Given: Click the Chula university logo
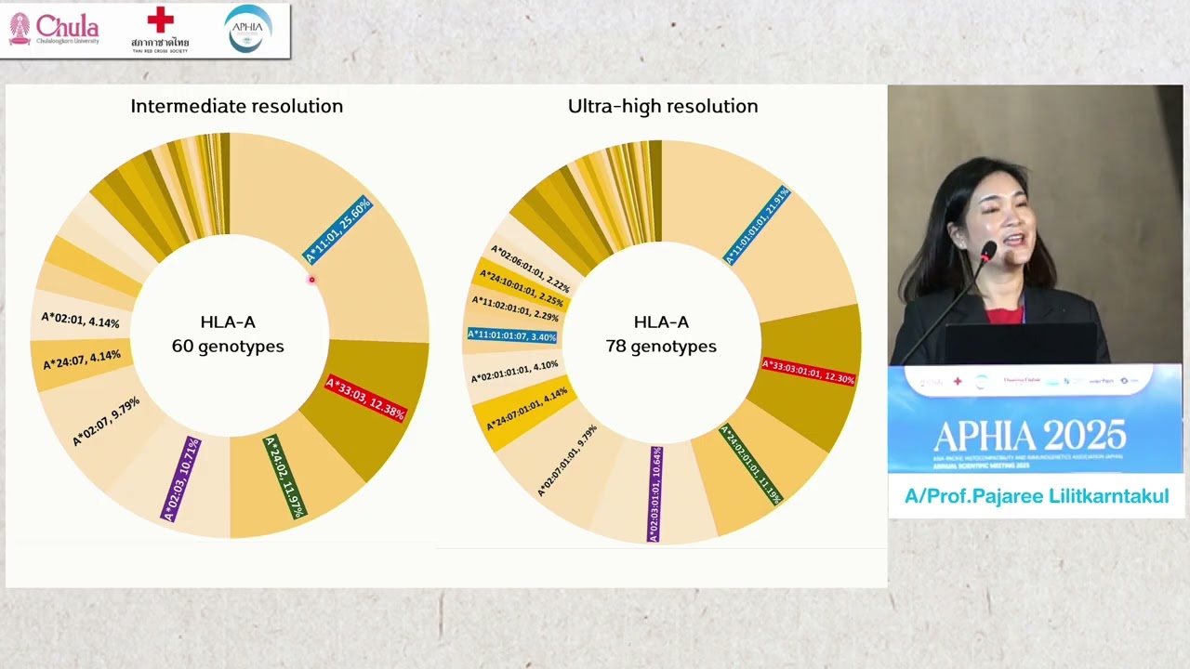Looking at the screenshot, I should click(x=54, y=29).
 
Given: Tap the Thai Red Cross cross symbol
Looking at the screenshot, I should click(x=160, y=20).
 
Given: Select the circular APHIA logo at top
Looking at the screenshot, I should click(x=247, y=28).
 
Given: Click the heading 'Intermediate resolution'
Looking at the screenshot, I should click(x=236, y=106).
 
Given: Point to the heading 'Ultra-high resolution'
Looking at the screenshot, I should click(x=662, y=106).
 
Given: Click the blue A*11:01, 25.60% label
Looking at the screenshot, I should click(x=337, y=230).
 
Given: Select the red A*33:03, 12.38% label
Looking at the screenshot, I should click(x=364, y=399).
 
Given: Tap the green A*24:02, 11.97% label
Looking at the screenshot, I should click(x=284, y=476).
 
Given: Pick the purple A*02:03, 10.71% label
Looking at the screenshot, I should click(x=181, y=479).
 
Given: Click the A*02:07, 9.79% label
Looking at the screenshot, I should click(x=106, y=421).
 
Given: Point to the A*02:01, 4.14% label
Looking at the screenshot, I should click(x=80, y=321).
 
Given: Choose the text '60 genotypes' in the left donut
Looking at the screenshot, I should click(x=228, y=346).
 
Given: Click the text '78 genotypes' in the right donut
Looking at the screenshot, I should click(x=661, y=346).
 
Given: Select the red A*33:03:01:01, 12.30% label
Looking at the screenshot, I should click(x=807, y=372).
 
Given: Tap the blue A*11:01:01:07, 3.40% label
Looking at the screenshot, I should click(x=512, y=335).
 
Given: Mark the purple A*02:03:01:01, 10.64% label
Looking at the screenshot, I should click(x=655, y=493).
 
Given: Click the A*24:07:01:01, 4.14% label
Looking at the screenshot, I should click(x=526, y=410).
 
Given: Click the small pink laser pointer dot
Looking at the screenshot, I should click(x=311, y=280).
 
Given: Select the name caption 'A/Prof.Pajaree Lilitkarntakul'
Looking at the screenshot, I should click(x=1036, y=496).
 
